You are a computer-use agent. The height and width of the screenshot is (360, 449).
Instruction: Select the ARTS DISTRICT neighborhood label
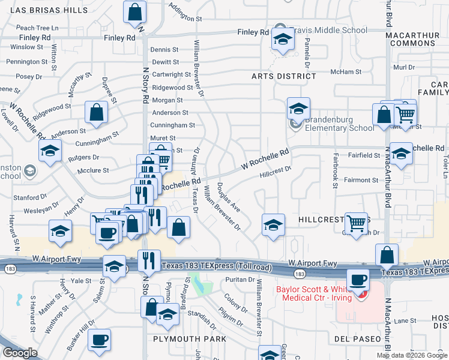284,76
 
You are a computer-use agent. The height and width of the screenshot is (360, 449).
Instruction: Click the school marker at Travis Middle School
280,40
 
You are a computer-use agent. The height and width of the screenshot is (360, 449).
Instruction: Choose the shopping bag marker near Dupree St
96,112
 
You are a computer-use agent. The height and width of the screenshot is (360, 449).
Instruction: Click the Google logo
20,353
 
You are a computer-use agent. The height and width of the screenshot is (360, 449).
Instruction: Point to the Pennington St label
27,62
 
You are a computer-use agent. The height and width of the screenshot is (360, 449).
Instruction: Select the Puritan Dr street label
240,280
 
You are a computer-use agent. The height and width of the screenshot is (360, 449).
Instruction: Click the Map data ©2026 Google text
411,355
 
